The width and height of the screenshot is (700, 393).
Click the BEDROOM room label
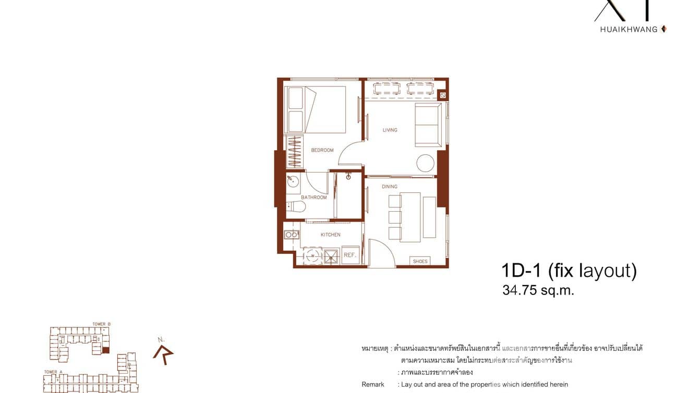tap(322, 150)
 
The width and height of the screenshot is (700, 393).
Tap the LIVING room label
tap(390, 130)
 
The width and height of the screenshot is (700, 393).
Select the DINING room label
tap(389, 186)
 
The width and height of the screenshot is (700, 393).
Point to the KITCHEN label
tap(330, 235)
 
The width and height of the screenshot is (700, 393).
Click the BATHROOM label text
tap(313, 198)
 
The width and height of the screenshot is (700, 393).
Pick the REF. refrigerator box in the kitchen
tap(350, 255)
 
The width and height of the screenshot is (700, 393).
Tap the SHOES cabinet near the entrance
tap(420, 261)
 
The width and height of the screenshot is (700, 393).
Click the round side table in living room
tap(425, 163)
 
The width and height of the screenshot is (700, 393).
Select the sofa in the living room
tap(427, 125)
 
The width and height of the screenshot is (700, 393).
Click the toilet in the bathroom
tap(296, 207)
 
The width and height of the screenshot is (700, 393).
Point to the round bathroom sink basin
tap(293, 182)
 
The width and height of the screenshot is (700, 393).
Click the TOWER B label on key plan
tap(101, 324)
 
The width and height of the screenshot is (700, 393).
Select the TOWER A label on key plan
tap(51, 372)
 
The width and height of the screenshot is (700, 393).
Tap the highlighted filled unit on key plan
tap(106, 350)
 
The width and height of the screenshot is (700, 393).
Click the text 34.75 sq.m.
tap(538, 291)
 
